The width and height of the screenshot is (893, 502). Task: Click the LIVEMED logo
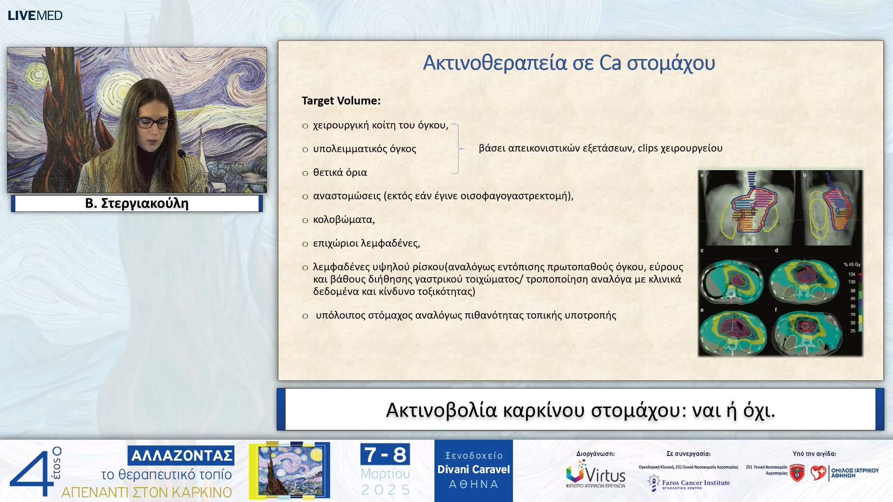point(35,15)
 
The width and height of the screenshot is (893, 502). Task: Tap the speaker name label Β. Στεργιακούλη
point(137,204)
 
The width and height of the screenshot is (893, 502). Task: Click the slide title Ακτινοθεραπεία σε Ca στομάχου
point(568,63)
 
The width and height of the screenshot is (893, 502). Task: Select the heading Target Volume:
point(341,101)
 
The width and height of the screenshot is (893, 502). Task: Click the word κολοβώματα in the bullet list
point(343,219)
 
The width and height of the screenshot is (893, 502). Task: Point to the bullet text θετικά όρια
point(340,172)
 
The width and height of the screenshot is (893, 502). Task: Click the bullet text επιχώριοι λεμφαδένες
point(366,243)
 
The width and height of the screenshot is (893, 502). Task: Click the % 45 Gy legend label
point(852,264)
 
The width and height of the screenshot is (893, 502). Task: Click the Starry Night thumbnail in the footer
point(290,470)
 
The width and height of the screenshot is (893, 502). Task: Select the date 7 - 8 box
point(385,455)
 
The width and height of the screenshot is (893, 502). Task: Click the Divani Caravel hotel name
point(473,469)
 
